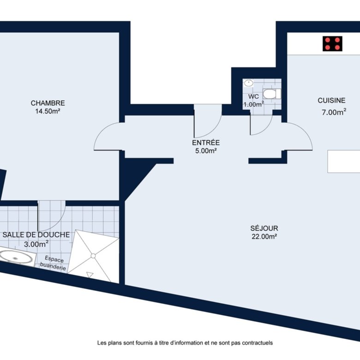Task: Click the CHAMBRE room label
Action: [x=48, y=103]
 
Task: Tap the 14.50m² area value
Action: [x=48, y=111]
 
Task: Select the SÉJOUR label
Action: [x=264, y=228]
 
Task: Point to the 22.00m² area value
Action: [x=264, y=236]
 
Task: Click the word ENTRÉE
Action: [x=206, y=143]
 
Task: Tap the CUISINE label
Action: [x=331, y=100]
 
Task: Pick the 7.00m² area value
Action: [x=334, y=112]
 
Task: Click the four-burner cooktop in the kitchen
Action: [x=332, y=44]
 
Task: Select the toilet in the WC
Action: [x=272, y=94]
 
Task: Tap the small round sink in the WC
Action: [x=249, y=83]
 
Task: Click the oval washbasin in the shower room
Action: [x=16, y=258]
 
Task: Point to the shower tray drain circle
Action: [x=93, y=256]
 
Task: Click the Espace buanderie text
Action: [x=54, y=263]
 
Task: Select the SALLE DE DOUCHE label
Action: [x=36, y=234]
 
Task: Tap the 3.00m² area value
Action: [x=36, y=244]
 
